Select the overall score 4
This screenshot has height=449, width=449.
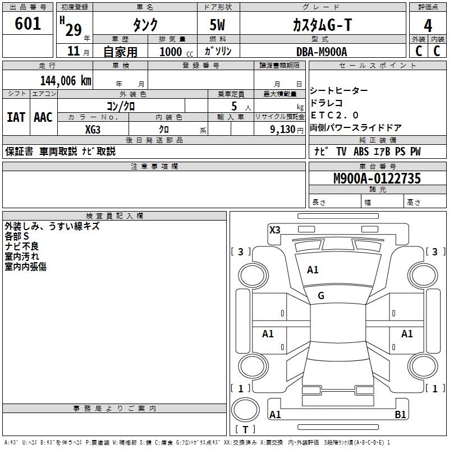[x=428, y=26]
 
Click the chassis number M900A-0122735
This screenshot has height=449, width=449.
[x=377, y=179]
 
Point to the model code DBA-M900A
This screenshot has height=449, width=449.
[x=322, y=52]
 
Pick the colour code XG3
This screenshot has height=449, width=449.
[x=93, y=129]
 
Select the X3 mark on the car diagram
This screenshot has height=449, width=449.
[x=274, y=230]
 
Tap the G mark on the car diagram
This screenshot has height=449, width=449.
[x=321, y=295]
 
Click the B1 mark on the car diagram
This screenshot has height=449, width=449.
[x=400, y=415]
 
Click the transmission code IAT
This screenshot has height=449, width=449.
[x=16, y=117]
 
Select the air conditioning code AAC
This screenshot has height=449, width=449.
[x=43, y=117]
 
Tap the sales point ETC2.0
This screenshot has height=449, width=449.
[x=335, y=116]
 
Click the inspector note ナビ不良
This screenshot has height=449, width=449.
[x=22, y=246]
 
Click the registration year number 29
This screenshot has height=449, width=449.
[x=73, y=29]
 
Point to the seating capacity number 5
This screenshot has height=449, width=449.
[x=233, y=106]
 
